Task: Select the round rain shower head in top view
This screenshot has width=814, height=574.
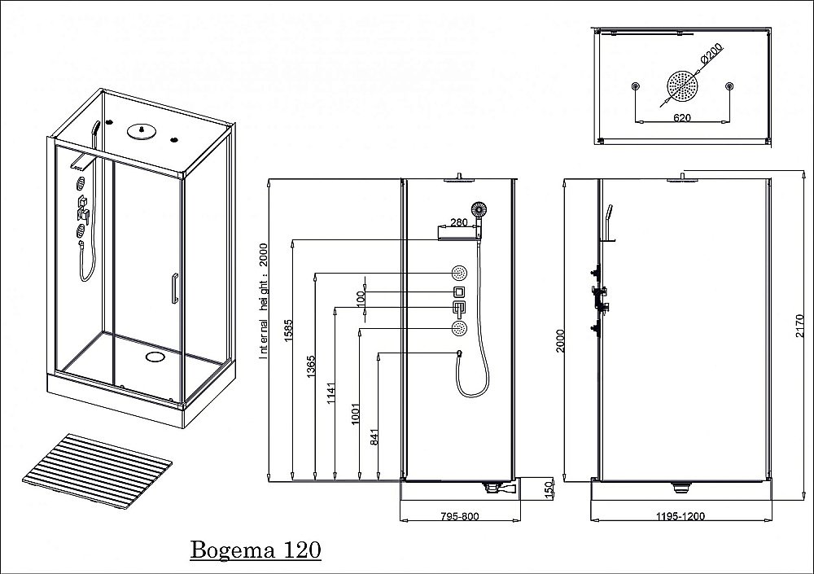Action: tap(682, 86)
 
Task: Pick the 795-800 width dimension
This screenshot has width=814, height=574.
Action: tap(461, 516)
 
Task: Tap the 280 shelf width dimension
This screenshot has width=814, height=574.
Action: tap(458, 223)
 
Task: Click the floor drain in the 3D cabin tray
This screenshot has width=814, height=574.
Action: tap(155, 356)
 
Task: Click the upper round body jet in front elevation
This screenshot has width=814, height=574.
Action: tap(460, 273)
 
